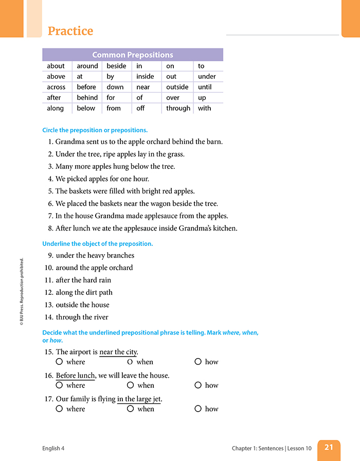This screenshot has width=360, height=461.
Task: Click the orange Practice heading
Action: pos(70,31)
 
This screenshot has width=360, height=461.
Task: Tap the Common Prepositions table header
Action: pos(133,55)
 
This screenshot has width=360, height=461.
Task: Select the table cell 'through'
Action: pos(178,108)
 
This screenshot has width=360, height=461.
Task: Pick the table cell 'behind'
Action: pos(87,97)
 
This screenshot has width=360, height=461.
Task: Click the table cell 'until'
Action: pos(205,87)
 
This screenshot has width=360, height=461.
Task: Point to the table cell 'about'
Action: pos(56,66)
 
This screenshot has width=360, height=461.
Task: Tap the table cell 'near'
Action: pos(143,87)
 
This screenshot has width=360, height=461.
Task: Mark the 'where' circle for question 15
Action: pos(59,362)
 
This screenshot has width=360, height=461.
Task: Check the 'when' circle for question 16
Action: pos(130,385)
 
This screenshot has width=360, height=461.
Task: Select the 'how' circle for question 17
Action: pos(198,409)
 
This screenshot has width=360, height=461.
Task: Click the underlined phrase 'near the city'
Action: pos(118,352)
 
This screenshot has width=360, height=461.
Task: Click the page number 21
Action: pos(329,447)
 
